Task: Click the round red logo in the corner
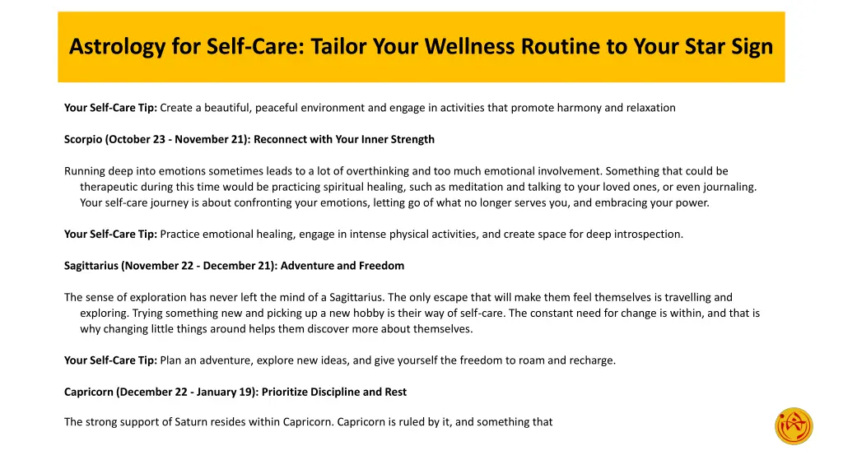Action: (x=794, y=426)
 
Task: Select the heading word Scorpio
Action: (x=83, y=139)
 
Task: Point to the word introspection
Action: (x=648, y=235)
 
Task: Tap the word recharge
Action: (x=590, y=360)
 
